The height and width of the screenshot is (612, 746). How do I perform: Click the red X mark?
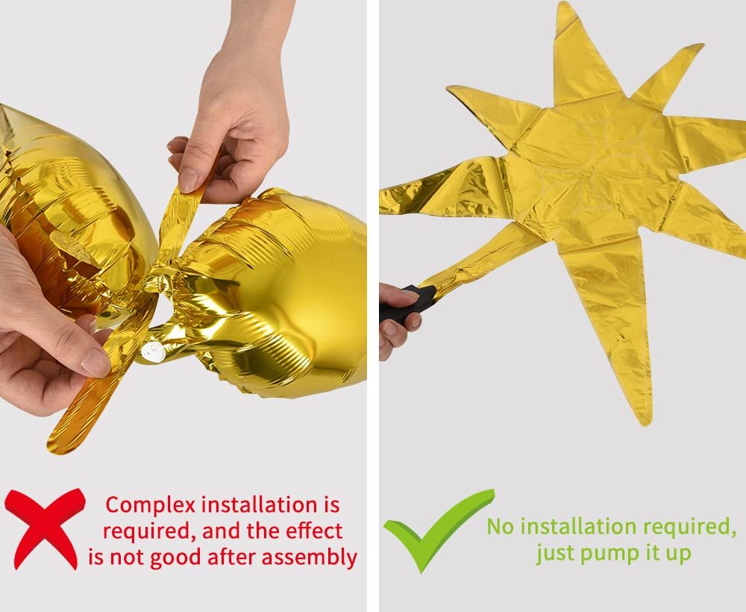(45, 528)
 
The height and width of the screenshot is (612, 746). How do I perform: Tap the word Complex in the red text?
(151, 505)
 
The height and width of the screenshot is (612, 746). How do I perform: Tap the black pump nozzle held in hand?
(407, 304)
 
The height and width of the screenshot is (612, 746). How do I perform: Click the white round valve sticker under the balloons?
(153, 352)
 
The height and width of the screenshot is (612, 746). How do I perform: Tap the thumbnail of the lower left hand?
(95, 363)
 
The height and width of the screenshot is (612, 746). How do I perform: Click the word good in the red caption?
(175, 558)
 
